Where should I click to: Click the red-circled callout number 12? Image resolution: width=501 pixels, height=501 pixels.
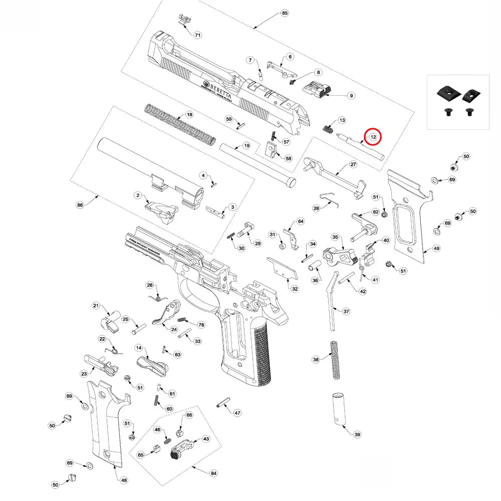point(373,137)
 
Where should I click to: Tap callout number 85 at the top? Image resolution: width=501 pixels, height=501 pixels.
point(285,13)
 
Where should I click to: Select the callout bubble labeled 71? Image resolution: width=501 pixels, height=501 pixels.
point(197,35)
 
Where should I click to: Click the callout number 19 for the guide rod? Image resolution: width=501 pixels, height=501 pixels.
point(246,145)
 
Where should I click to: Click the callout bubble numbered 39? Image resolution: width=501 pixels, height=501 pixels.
point(356,434)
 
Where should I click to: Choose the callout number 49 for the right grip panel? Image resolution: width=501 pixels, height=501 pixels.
point(436,248)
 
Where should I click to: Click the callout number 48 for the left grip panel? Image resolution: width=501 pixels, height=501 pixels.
point(124,480)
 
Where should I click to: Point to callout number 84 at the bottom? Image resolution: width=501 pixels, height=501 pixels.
point(213,473)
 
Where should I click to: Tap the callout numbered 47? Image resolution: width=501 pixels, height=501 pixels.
point(237,413)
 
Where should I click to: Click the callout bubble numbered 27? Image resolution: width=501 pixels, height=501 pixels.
point(353,164)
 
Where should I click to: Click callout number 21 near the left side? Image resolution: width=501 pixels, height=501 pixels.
point(97,306)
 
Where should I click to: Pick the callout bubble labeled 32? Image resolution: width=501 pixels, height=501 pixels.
point(295,289)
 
